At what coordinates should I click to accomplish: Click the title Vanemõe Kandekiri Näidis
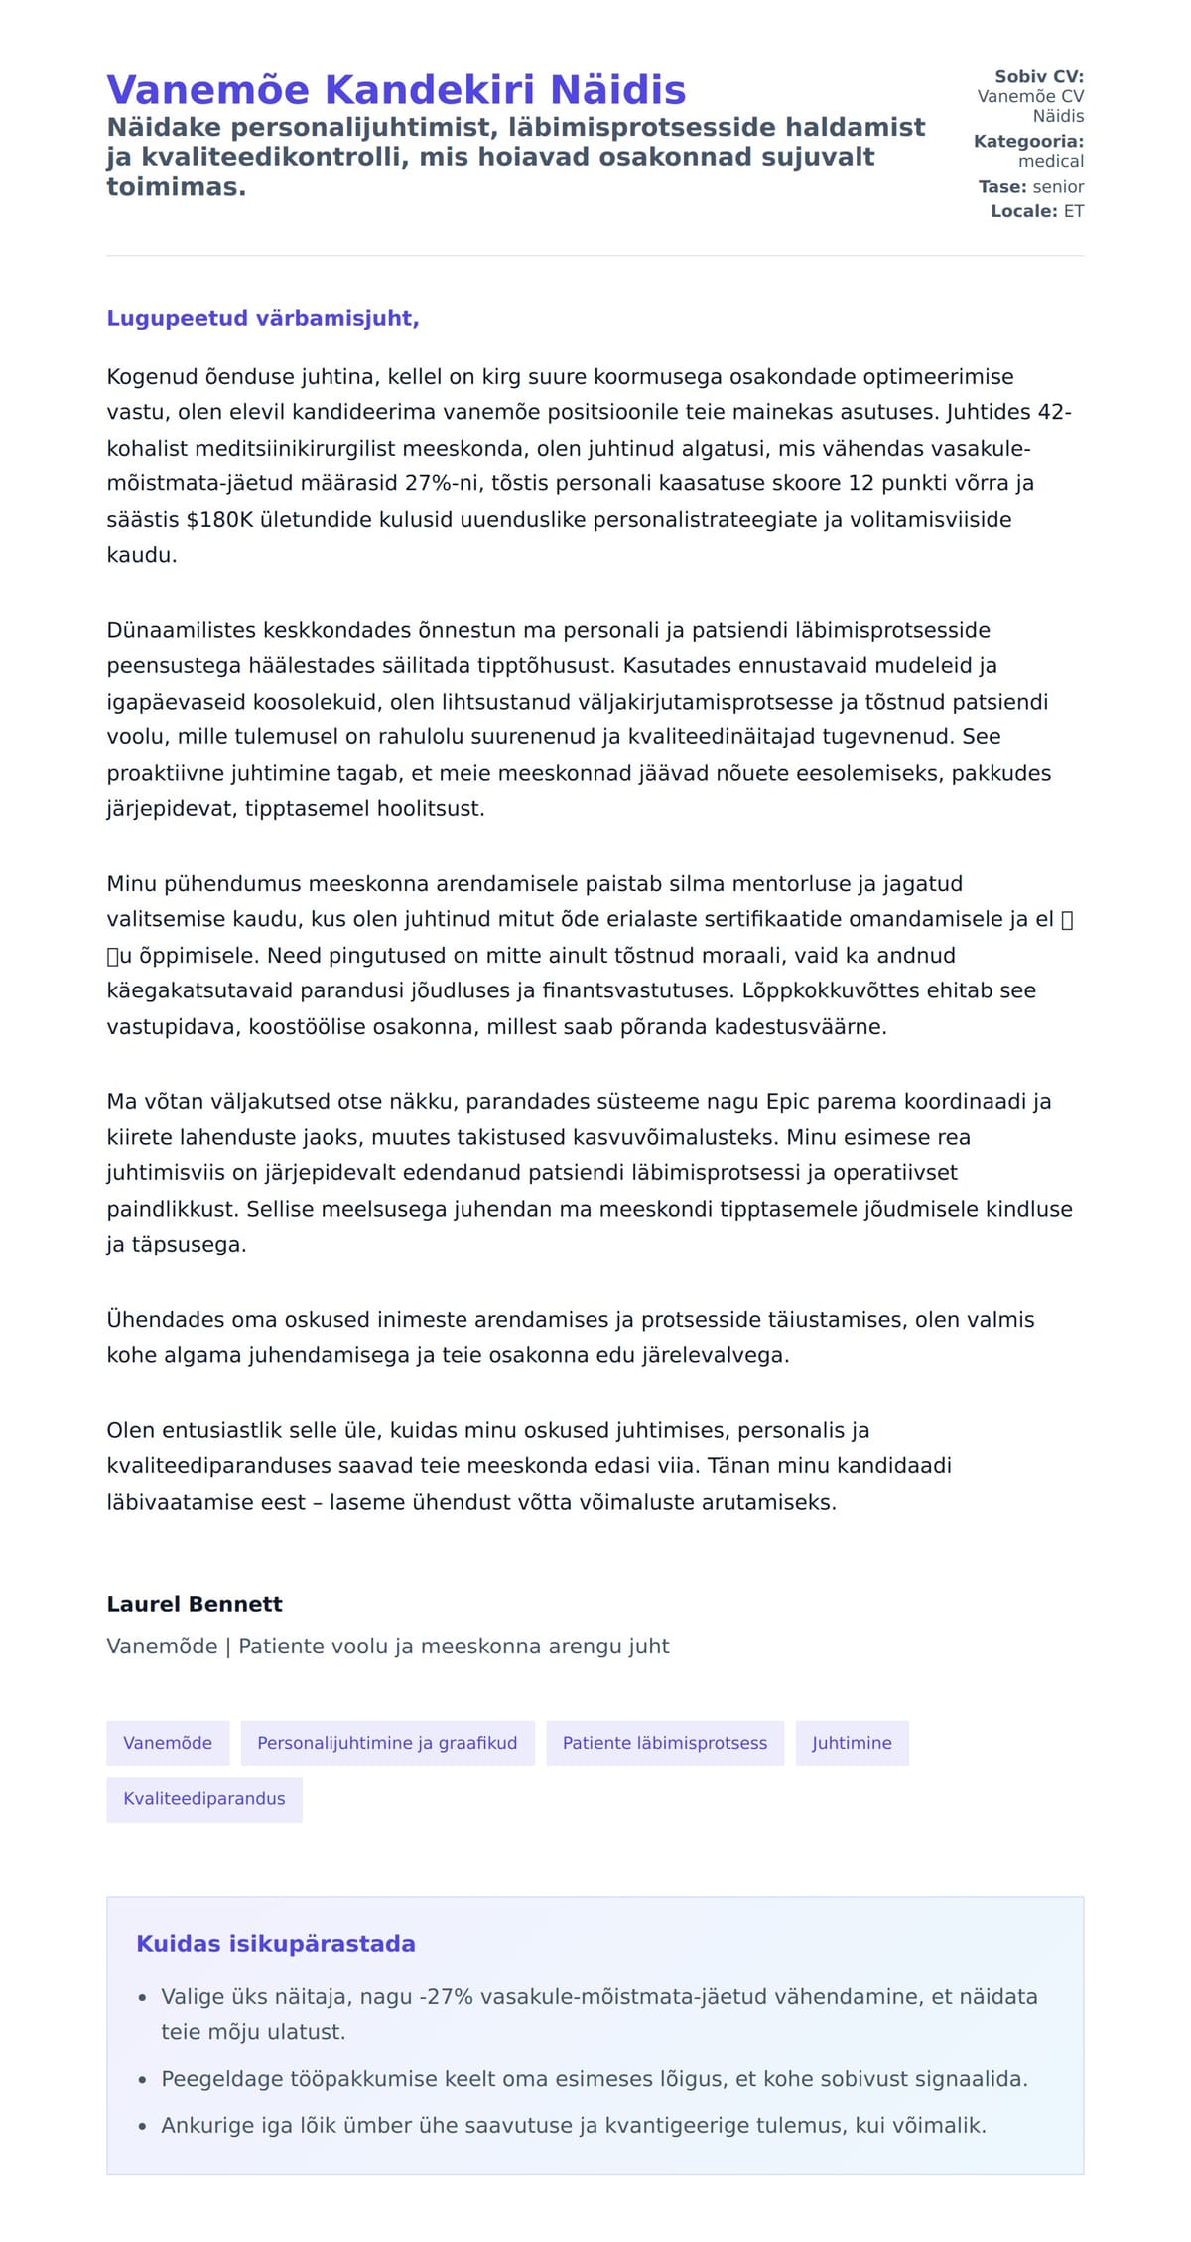tap(396, 90)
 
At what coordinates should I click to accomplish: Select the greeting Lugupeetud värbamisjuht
tap(263, 318)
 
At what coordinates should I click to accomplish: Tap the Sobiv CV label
tap(1039, 76)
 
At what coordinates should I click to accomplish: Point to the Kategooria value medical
tap(1051, 161)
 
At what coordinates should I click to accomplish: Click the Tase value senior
tap(1058, 187)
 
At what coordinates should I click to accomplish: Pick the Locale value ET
tap(1074, 211)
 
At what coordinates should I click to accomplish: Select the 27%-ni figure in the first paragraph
tap(444, 483)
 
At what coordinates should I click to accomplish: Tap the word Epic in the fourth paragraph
tap(789, 1102)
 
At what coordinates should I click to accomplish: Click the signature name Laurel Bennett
tap(195, 1604)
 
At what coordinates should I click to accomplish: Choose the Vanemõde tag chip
tap(168, 1743)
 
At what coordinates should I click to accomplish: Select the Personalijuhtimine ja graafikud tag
tap(387, 1743)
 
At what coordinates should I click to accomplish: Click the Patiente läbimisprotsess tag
tap(665, 1743)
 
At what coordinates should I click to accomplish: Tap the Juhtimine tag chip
tap(852, 1743)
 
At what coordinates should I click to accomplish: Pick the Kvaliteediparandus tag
tap(204, 1798)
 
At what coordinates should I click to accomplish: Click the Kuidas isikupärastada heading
tap(276, 1944)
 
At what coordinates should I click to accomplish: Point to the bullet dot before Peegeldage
tap(143, 2080)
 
